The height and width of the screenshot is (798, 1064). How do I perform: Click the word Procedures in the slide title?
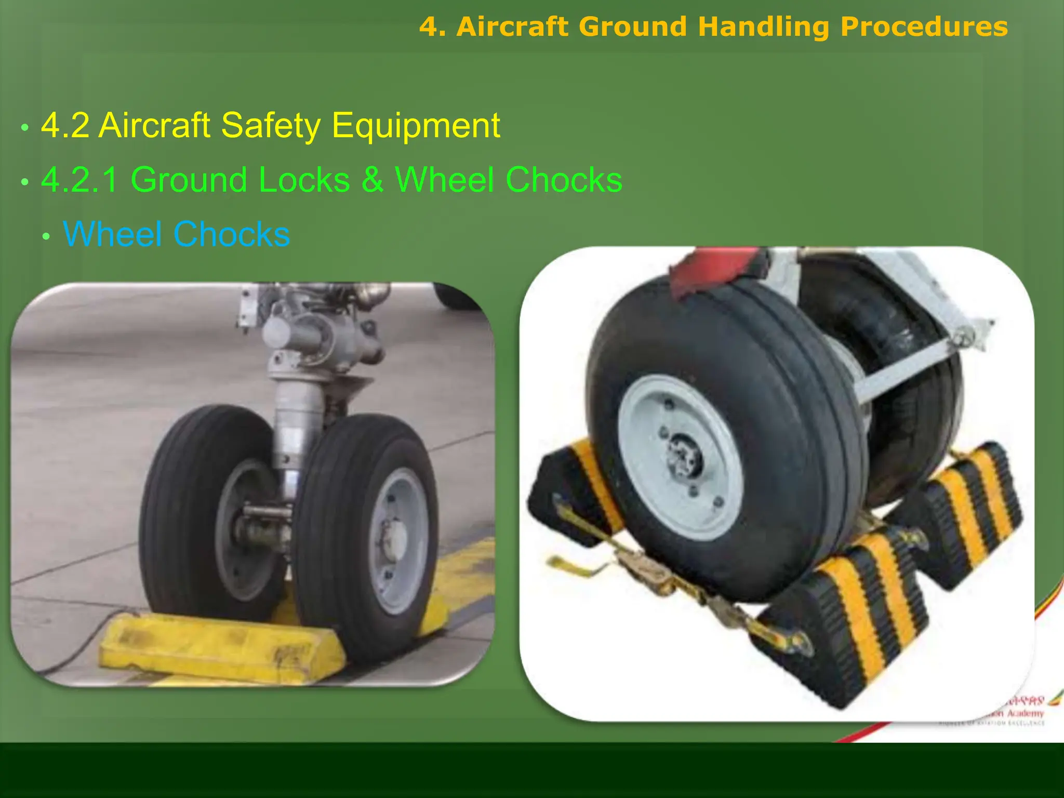click(x=924, y=27)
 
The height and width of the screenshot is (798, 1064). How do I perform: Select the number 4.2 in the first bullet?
click(x=65, y=126)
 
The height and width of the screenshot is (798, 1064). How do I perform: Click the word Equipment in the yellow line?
click(x=416, y=126)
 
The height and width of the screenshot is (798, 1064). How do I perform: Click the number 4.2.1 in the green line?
click(x=79, y=180)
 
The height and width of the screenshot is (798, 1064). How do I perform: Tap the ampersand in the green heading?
click(x=372, y=180)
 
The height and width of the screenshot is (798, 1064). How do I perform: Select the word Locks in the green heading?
click(x=304, y=180)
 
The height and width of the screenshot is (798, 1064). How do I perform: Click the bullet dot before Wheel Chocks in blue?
click(x=46, y=237)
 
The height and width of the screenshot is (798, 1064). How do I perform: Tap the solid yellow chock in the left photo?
click(x=218, y=647)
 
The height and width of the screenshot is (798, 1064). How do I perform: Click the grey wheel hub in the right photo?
click(x=683, y=457)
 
